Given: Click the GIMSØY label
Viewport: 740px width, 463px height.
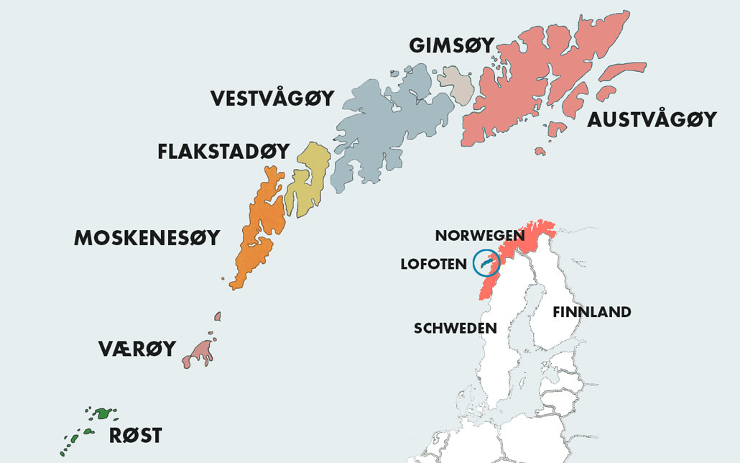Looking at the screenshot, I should [x=451, y=45].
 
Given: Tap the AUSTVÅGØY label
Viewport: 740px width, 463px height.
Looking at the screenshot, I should [x=652, y=119].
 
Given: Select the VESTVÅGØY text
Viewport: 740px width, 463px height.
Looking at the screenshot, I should [x=272, y=98].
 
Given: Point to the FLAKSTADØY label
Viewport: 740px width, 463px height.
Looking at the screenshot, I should [x=223, y=152].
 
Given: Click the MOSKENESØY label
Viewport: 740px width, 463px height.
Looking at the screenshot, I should [x=147, y=238].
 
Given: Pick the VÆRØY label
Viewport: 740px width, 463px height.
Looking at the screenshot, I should [x=137, y=349].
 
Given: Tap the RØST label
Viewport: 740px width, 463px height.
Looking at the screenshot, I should [x=135, y=435].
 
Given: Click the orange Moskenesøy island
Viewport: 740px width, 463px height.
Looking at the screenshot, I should [x=259, y=223].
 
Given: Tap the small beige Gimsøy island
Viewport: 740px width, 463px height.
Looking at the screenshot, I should [x=455, y=84].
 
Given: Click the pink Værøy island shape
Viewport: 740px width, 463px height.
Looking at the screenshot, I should [x=200, y=352].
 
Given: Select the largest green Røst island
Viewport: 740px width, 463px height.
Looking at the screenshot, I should [x=106, y=413].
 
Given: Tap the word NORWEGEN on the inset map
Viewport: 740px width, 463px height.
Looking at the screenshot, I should [x=480, y=235].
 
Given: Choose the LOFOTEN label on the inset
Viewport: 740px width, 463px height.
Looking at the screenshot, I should [x=433, y=265].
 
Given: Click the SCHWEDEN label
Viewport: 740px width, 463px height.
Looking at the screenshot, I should [x=455, y=328].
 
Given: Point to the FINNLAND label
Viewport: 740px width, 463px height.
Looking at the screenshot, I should [x=591, y=311].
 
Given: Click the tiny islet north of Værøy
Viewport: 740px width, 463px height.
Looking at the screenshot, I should [x=218, y=316].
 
